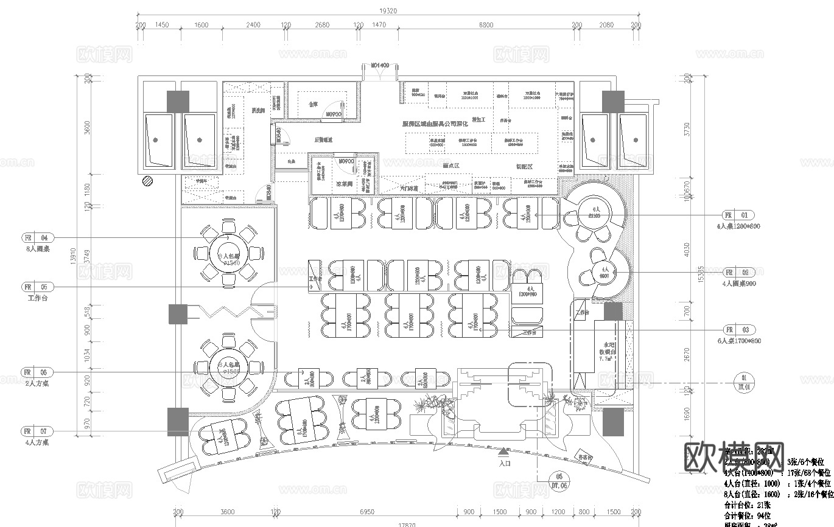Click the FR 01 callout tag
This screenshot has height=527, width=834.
(738, 215)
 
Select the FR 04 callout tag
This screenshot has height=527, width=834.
(38, 237)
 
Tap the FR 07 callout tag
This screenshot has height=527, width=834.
(38, 431)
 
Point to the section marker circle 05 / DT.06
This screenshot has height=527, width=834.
(559, 481)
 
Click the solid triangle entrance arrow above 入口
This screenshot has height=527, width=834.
(503, 452)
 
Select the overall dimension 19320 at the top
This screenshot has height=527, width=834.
(388, 10)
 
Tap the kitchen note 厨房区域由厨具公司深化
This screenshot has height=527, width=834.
(435, 123)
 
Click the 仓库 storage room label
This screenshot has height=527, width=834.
(313, 104)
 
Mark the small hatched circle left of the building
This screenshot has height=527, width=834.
(147, 181)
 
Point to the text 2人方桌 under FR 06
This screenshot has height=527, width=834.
(37, 383)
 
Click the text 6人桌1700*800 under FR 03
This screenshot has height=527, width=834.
(739, 341)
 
